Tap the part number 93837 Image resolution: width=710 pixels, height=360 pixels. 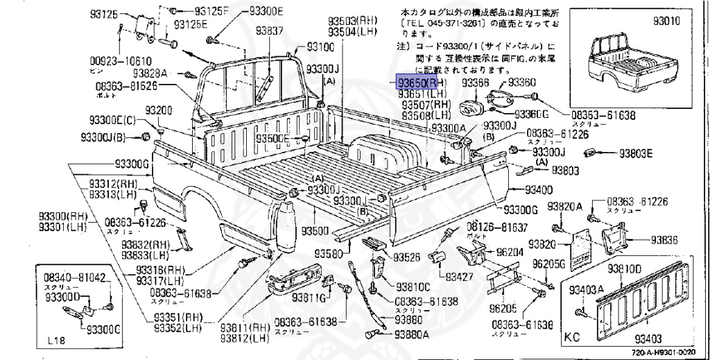click(269, 31)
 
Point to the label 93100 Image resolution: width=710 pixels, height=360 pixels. click(320, 46)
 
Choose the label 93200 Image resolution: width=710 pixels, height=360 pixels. click(159, 111)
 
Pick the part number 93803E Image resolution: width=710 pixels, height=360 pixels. click(636, 153)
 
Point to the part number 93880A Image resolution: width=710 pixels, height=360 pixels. click(413, 334)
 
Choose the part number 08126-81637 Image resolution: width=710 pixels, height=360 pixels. click(497, 227)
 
